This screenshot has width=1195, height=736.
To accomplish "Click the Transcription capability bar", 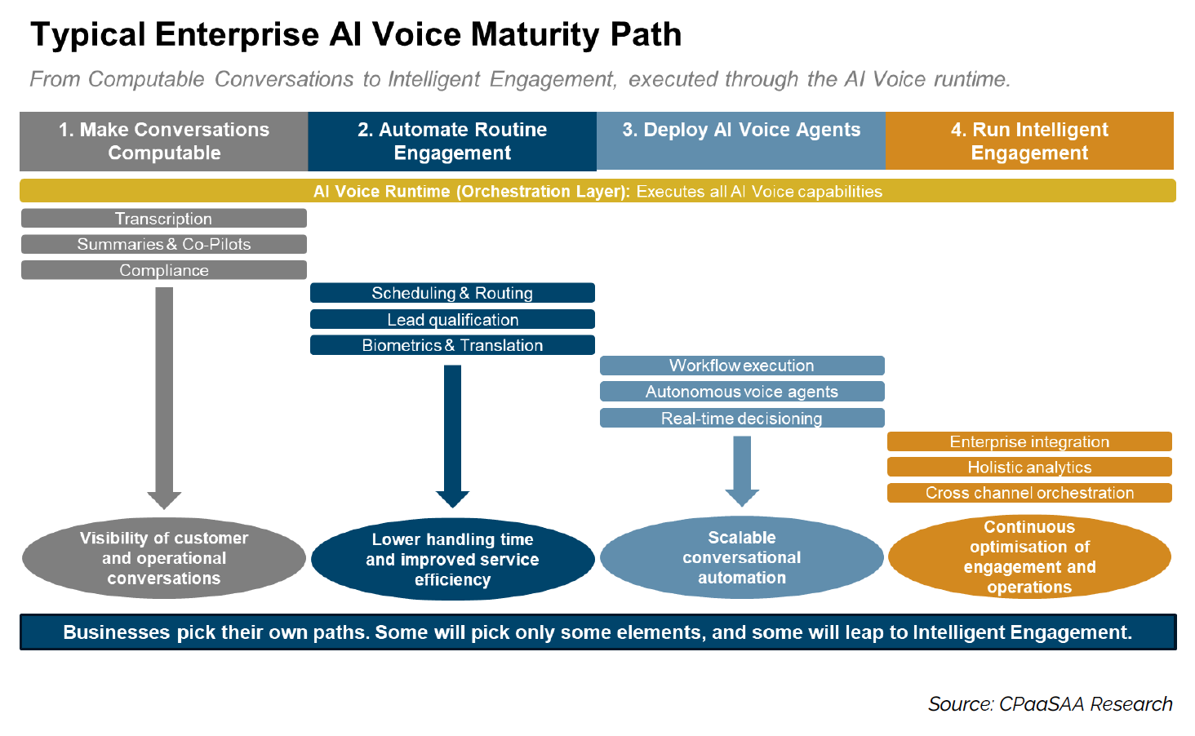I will pos(164,219).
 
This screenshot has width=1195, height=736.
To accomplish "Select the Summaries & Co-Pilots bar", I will pos(164,244).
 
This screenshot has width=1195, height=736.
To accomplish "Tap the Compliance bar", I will pos(164,270).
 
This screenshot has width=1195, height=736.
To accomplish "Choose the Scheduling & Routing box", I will pos(452,293).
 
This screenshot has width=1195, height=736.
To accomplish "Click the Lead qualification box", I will pos(452,319).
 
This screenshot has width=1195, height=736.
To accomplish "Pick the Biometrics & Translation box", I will pos(452,345).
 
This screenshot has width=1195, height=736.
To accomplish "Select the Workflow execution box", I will pos(741,366).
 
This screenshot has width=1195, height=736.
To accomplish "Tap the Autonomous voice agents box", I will pos(741,392).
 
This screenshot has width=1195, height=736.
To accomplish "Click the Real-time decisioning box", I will pos(741,418).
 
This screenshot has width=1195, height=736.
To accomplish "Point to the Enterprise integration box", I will pos(1029,441).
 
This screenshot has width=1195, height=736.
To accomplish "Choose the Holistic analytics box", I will pos(1029,467).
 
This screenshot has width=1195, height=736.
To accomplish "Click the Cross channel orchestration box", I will pos(1029,493).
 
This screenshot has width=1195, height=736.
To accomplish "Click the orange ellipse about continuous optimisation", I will pos(1029,557).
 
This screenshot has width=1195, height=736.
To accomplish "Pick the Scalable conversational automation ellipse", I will pos(741,557).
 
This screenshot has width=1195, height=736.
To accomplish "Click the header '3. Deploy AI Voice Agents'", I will pos(741,131).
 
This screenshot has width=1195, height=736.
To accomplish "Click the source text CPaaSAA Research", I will pos(1086,704).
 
